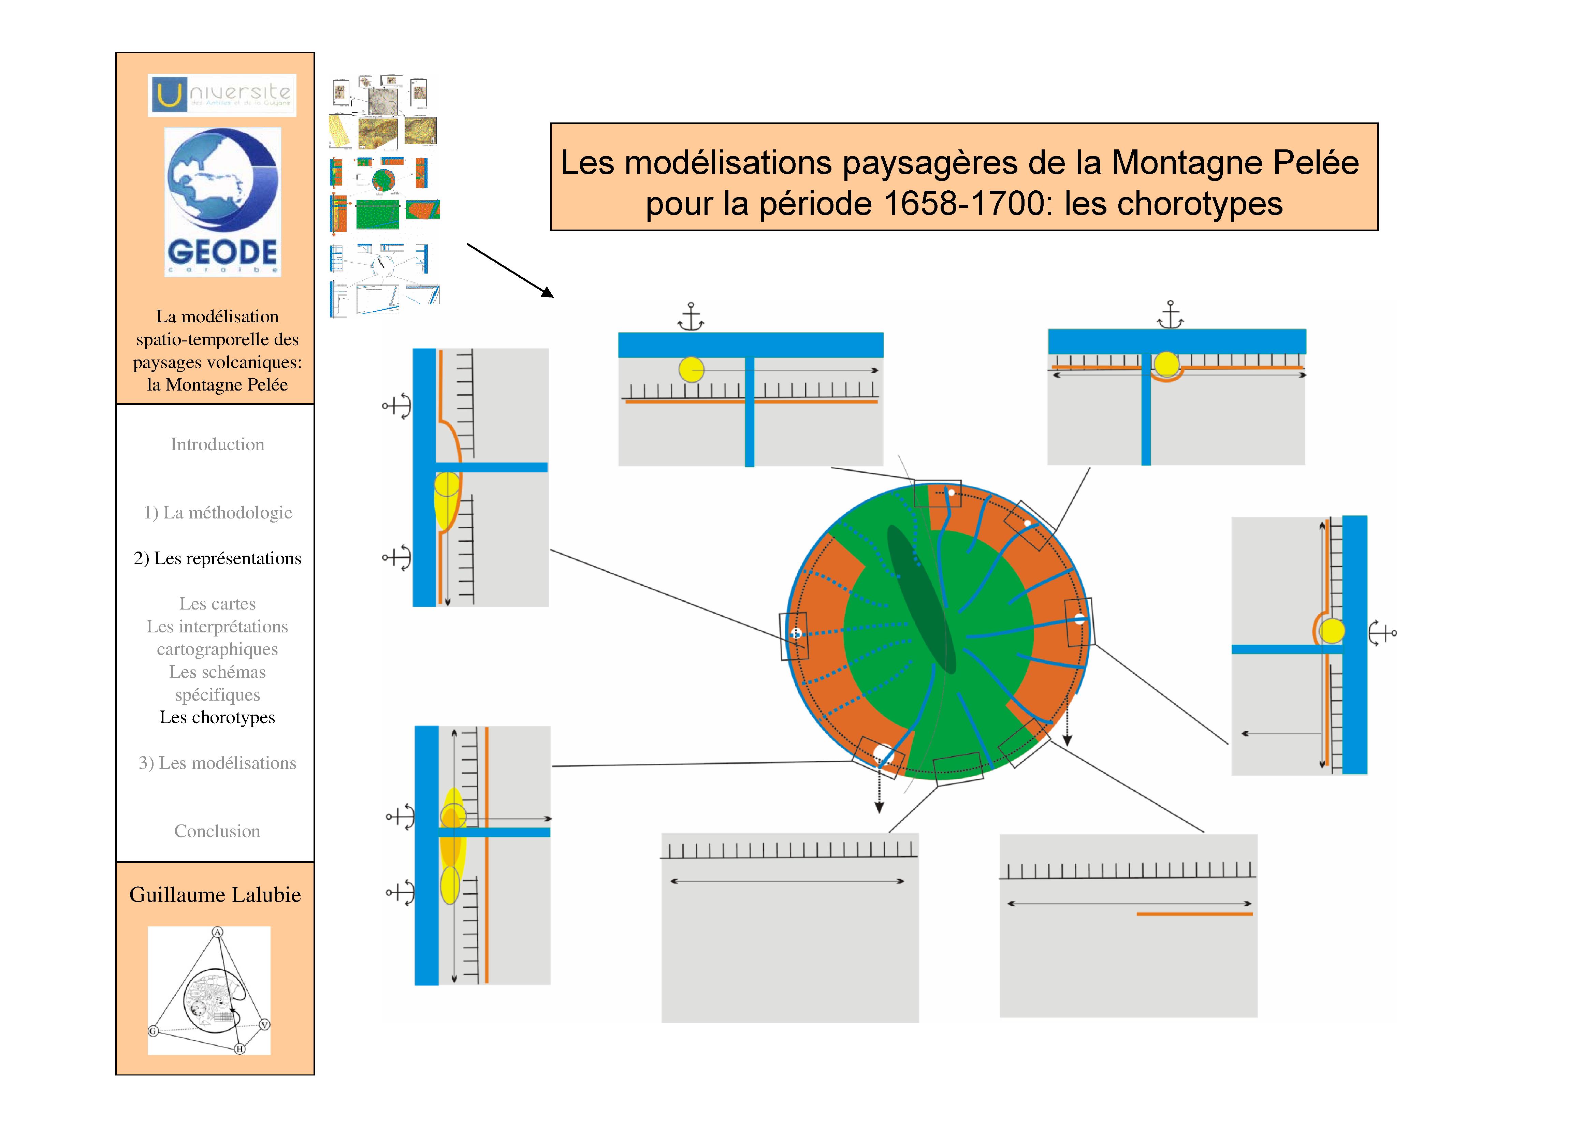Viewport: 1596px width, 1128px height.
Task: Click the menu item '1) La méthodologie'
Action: pos(218,513)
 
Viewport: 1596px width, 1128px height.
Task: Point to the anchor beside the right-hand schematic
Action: pos(1382,633)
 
